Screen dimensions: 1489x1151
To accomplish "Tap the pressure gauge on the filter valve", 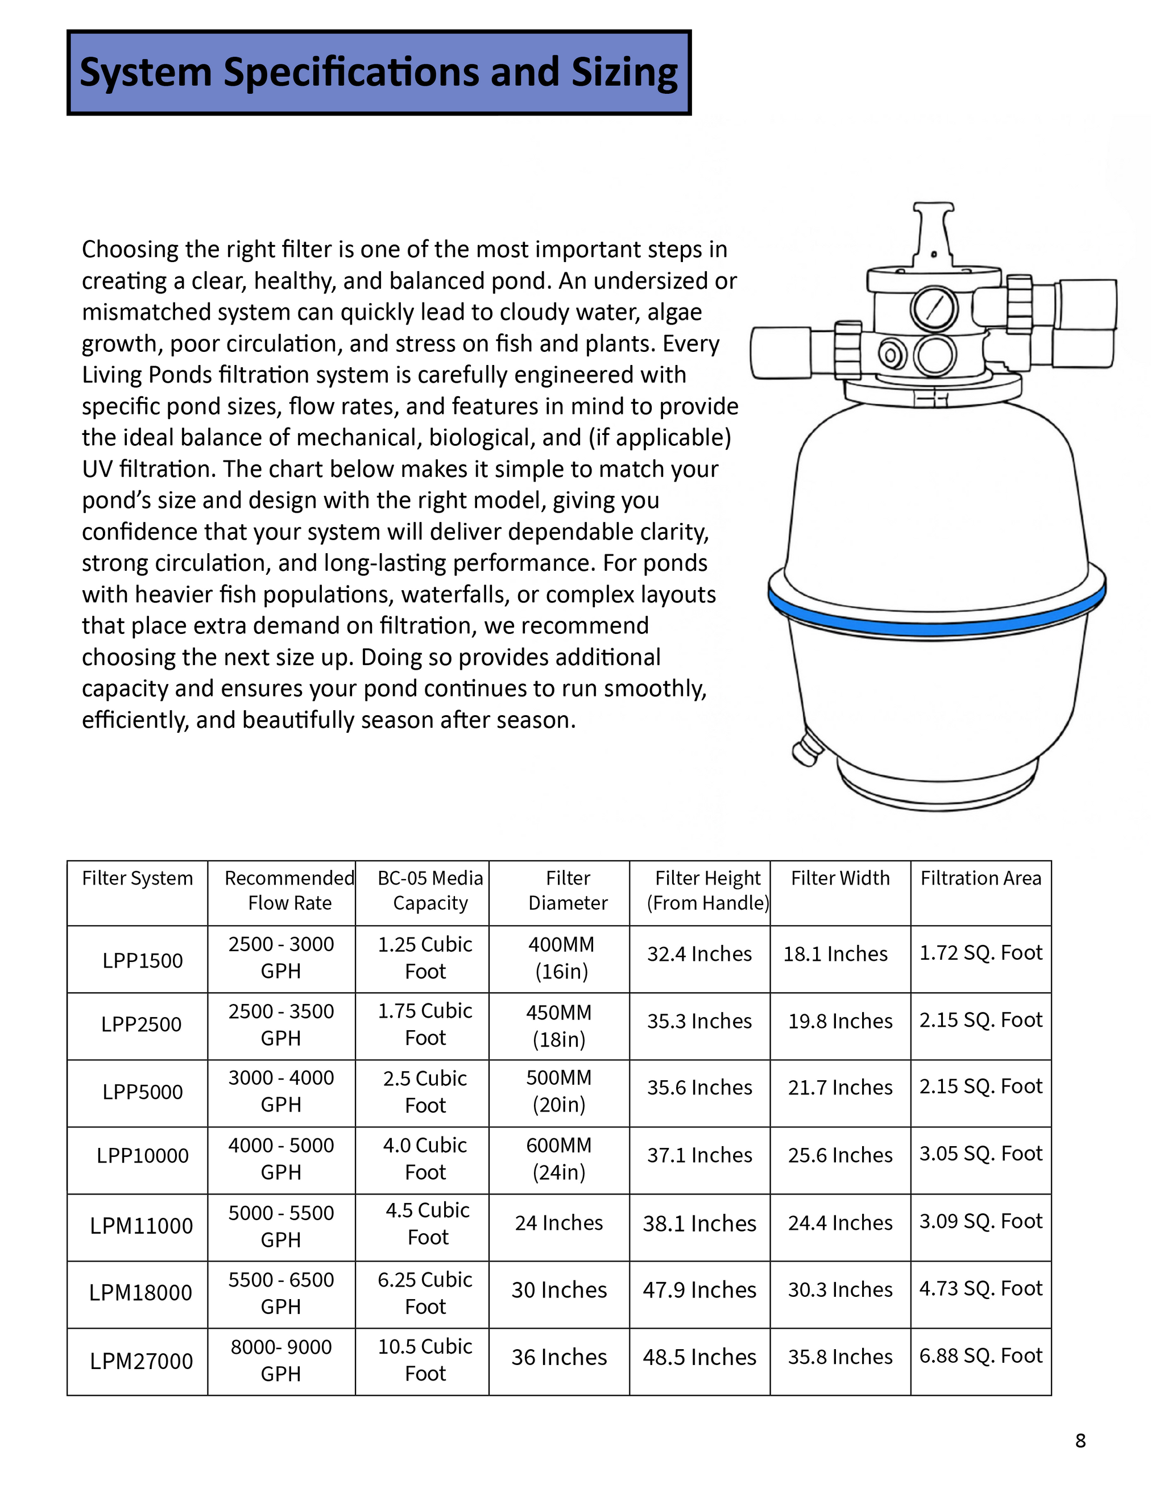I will pyautogui.click(x=934, y=308).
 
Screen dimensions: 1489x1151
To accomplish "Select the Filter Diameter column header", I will pyautogui.click(x=568, y=890).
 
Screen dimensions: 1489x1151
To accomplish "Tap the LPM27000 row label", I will pyautogui.click(x=141, y=1362).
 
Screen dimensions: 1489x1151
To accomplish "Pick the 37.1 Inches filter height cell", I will pyautogui.click(x=699, y=1155).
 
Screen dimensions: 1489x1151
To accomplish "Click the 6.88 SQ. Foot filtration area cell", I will pyautogui.click(x=980, y=1355).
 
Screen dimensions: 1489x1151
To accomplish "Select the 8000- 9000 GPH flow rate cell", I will pyautogui.click(x=281, y=1360).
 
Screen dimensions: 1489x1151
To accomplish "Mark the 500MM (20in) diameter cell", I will pyautogui.click(x=559, y=1091).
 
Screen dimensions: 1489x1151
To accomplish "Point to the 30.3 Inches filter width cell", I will pyautogui.click(x=840, y=1289).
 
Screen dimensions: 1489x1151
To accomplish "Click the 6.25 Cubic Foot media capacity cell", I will pyautogui.click(x=425, y=1293).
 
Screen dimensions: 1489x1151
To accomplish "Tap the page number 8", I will pyautogui.click(x=1080, y=1441).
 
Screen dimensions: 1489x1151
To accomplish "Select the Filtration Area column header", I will pyautogui.click(x=980, y=878).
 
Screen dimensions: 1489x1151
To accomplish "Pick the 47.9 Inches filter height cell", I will pyautogui.click(x=699, y=1290).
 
